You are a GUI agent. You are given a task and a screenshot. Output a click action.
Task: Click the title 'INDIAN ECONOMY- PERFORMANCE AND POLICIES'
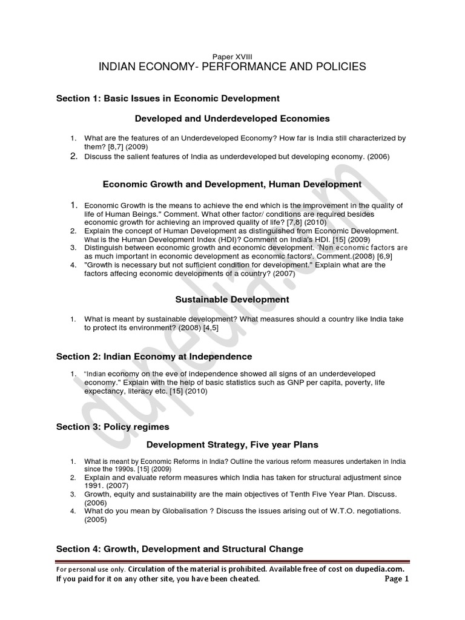tap(232, 67)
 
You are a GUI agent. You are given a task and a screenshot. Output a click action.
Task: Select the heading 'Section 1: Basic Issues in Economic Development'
tap(168, 98)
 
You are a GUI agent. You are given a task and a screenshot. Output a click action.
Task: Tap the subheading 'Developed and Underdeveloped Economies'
tap(232, 119)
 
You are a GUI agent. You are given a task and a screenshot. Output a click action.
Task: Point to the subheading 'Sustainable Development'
tap(232, 299)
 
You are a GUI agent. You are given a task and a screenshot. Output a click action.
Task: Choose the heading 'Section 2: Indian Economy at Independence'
tap(154, 357)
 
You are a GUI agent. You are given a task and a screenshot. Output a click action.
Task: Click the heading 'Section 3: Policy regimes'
tap(113, 427)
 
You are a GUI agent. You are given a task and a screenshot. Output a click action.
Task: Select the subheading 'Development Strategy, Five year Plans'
tap(232, 446)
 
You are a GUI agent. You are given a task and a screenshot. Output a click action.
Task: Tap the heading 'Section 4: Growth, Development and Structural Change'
tap(179, 549)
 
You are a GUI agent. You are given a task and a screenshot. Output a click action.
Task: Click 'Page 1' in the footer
tap(397, 579)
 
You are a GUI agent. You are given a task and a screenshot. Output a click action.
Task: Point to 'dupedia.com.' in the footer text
tap(378, 569)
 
